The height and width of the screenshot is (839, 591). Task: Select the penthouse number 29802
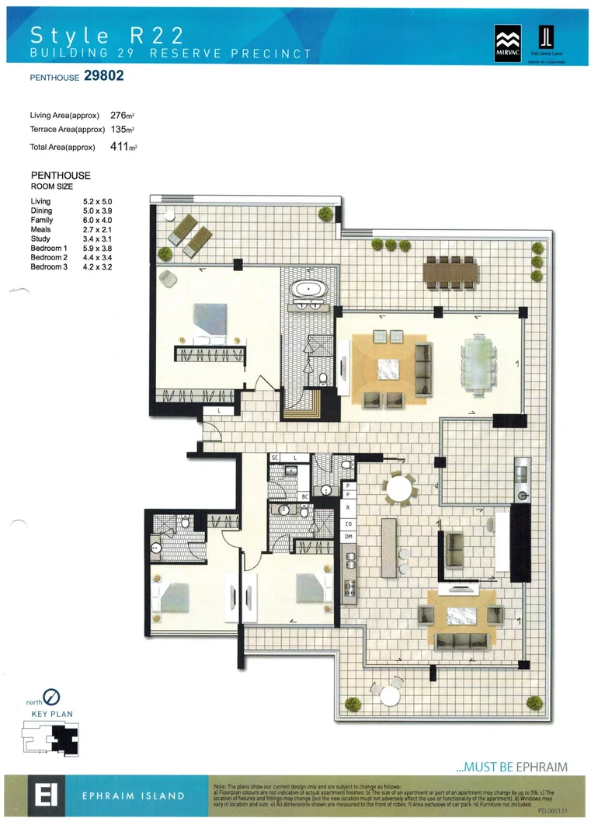pos(99,76)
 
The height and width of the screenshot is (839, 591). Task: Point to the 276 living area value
pos(119,115)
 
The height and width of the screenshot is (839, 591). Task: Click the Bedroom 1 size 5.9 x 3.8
pos(98,249)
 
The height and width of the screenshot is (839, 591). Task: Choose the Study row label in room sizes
pos(40,239)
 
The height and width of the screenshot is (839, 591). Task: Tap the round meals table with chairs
pos(401,489)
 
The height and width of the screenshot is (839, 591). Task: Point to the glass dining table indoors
pos(478,362)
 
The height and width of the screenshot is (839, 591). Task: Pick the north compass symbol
pos(55,698)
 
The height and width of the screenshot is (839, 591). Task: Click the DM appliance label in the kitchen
pos(349,537)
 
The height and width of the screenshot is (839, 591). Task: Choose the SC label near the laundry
pos(274,458)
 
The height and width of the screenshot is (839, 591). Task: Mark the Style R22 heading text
pos(107,34)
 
